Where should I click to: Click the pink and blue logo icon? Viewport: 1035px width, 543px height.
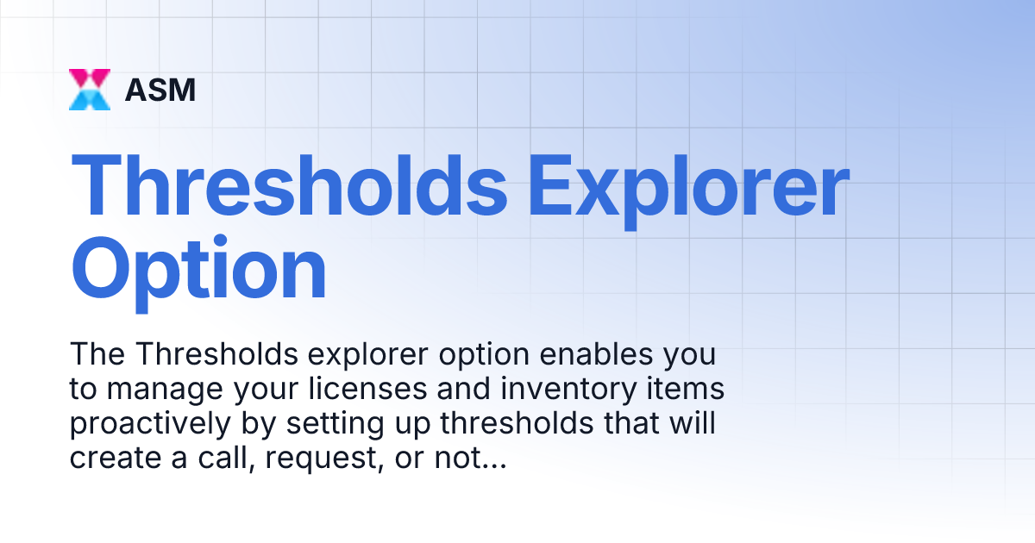coord(90,90)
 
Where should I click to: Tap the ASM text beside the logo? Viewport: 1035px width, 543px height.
coord(160,90)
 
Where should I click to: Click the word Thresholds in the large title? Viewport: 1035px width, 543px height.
coord(289,189)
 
